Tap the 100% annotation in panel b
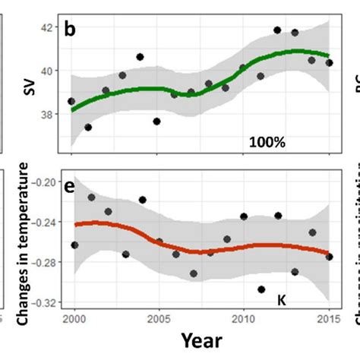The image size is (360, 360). click(267, 141)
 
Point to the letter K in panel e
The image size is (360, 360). click(280, 299)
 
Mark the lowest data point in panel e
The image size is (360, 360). click(261, 289)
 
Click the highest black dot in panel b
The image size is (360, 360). click(277, 30)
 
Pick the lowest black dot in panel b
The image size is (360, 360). click(88, 127)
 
